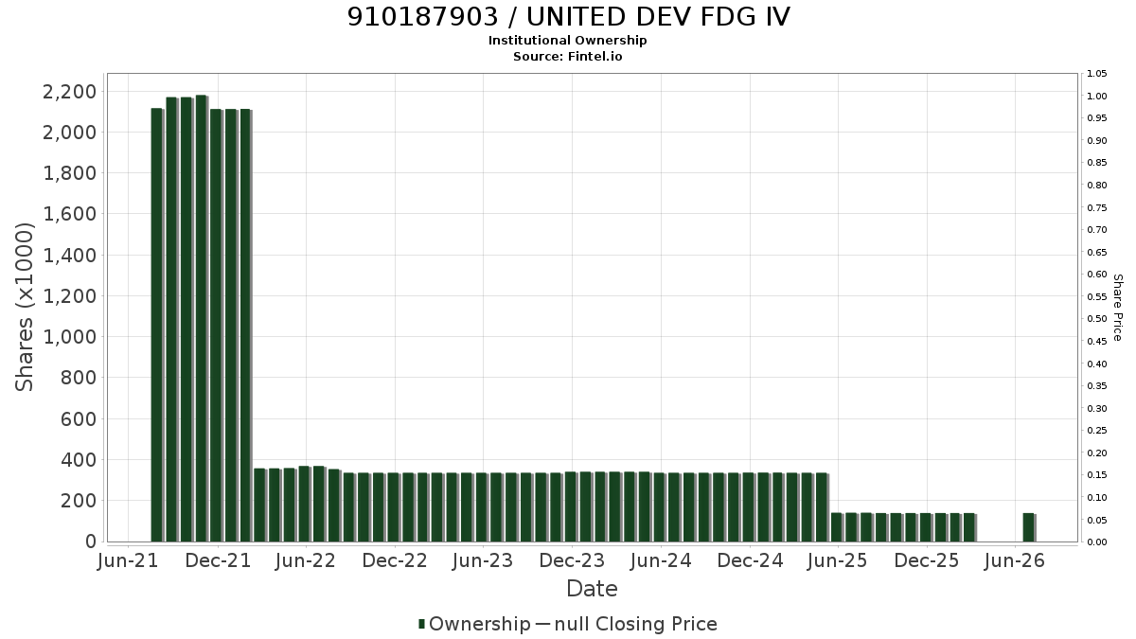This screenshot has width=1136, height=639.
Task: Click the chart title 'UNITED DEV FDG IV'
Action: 658,17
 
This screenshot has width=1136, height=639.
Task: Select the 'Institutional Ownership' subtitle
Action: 567,41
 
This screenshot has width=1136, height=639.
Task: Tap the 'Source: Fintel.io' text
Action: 567,56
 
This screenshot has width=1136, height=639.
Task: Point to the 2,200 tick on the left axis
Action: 69,92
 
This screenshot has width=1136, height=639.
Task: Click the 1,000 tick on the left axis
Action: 69,337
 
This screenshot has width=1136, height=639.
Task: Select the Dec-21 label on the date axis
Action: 218,560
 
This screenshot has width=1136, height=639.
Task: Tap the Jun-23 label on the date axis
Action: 483,560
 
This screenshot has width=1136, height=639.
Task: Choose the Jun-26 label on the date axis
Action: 1014,560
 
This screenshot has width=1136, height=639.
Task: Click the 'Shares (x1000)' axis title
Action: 24,307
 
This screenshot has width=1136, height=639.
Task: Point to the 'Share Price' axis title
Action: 1117,308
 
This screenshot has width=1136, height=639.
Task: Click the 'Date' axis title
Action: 592,589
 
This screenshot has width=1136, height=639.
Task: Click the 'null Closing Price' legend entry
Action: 636,624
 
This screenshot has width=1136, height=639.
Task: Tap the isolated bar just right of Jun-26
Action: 1028,527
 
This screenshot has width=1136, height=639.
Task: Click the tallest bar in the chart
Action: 202,318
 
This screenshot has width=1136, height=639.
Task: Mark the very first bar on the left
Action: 157,325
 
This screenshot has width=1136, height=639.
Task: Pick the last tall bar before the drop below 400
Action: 245,326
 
